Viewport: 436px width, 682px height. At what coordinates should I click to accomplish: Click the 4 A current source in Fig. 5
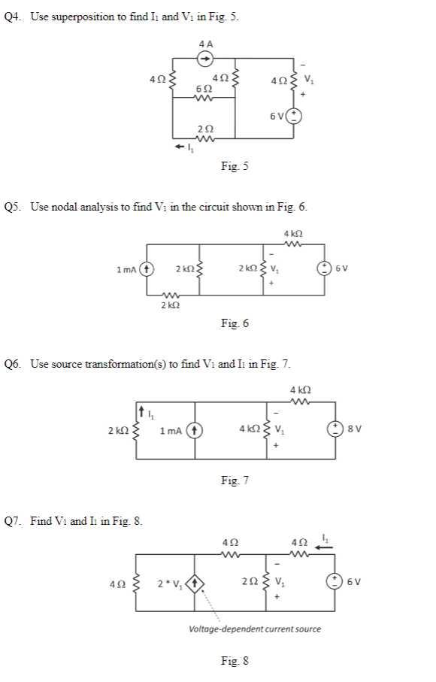(205, 59)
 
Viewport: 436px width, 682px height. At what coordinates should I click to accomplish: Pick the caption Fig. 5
(235, 166)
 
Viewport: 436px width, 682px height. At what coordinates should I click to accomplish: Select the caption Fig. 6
(235, 323)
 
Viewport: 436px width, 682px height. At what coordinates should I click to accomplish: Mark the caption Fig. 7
(235, 479)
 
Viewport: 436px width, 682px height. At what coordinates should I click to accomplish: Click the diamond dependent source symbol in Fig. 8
(196, 581)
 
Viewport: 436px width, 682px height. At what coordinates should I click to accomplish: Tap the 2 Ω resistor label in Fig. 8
(249, 581)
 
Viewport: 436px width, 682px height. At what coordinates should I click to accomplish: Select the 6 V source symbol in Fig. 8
(325, 581)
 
